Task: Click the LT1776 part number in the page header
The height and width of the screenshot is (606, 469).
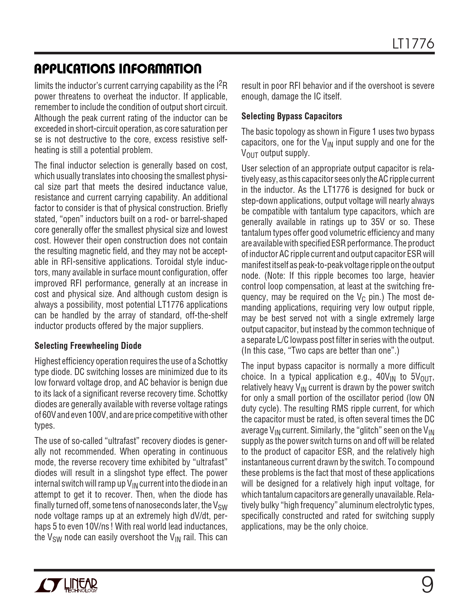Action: tap(413, 44)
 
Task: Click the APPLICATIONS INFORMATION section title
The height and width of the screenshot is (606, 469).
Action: tap(118, 69)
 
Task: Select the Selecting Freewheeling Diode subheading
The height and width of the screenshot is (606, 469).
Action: tap(88, 346)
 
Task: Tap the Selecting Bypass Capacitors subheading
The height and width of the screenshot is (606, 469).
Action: tap(292, 116)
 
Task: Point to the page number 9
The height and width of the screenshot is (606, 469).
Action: tap(427, 585)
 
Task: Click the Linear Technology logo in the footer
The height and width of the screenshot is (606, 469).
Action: tap(66, 586)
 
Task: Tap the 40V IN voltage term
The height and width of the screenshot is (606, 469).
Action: tap(383, 377)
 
